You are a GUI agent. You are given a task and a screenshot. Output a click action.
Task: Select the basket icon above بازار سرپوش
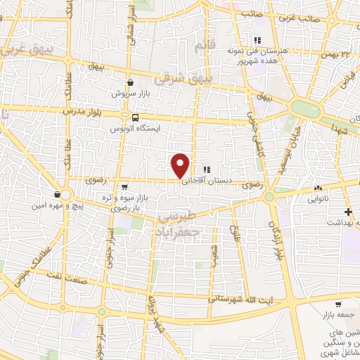(x=131, y=82)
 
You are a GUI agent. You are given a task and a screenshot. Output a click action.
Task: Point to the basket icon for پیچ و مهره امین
(x=56, y=195)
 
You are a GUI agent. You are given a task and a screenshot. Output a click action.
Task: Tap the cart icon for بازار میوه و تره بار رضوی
(x=124, y=186)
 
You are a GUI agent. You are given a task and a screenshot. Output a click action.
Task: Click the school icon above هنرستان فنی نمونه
(x=257, y=40)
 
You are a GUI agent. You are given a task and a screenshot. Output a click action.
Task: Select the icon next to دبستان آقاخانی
(x=206, y=169)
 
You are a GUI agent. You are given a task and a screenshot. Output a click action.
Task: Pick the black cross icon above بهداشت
(x=346, y=211)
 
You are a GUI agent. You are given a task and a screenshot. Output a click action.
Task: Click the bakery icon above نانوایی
(x=318, y=188)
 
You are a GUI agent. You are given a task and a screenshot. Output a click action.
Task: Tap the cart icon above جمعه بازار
(x=338, y=304)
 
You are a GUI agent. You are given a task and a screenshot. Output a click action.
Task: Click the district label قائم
(x=202, y=46)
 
